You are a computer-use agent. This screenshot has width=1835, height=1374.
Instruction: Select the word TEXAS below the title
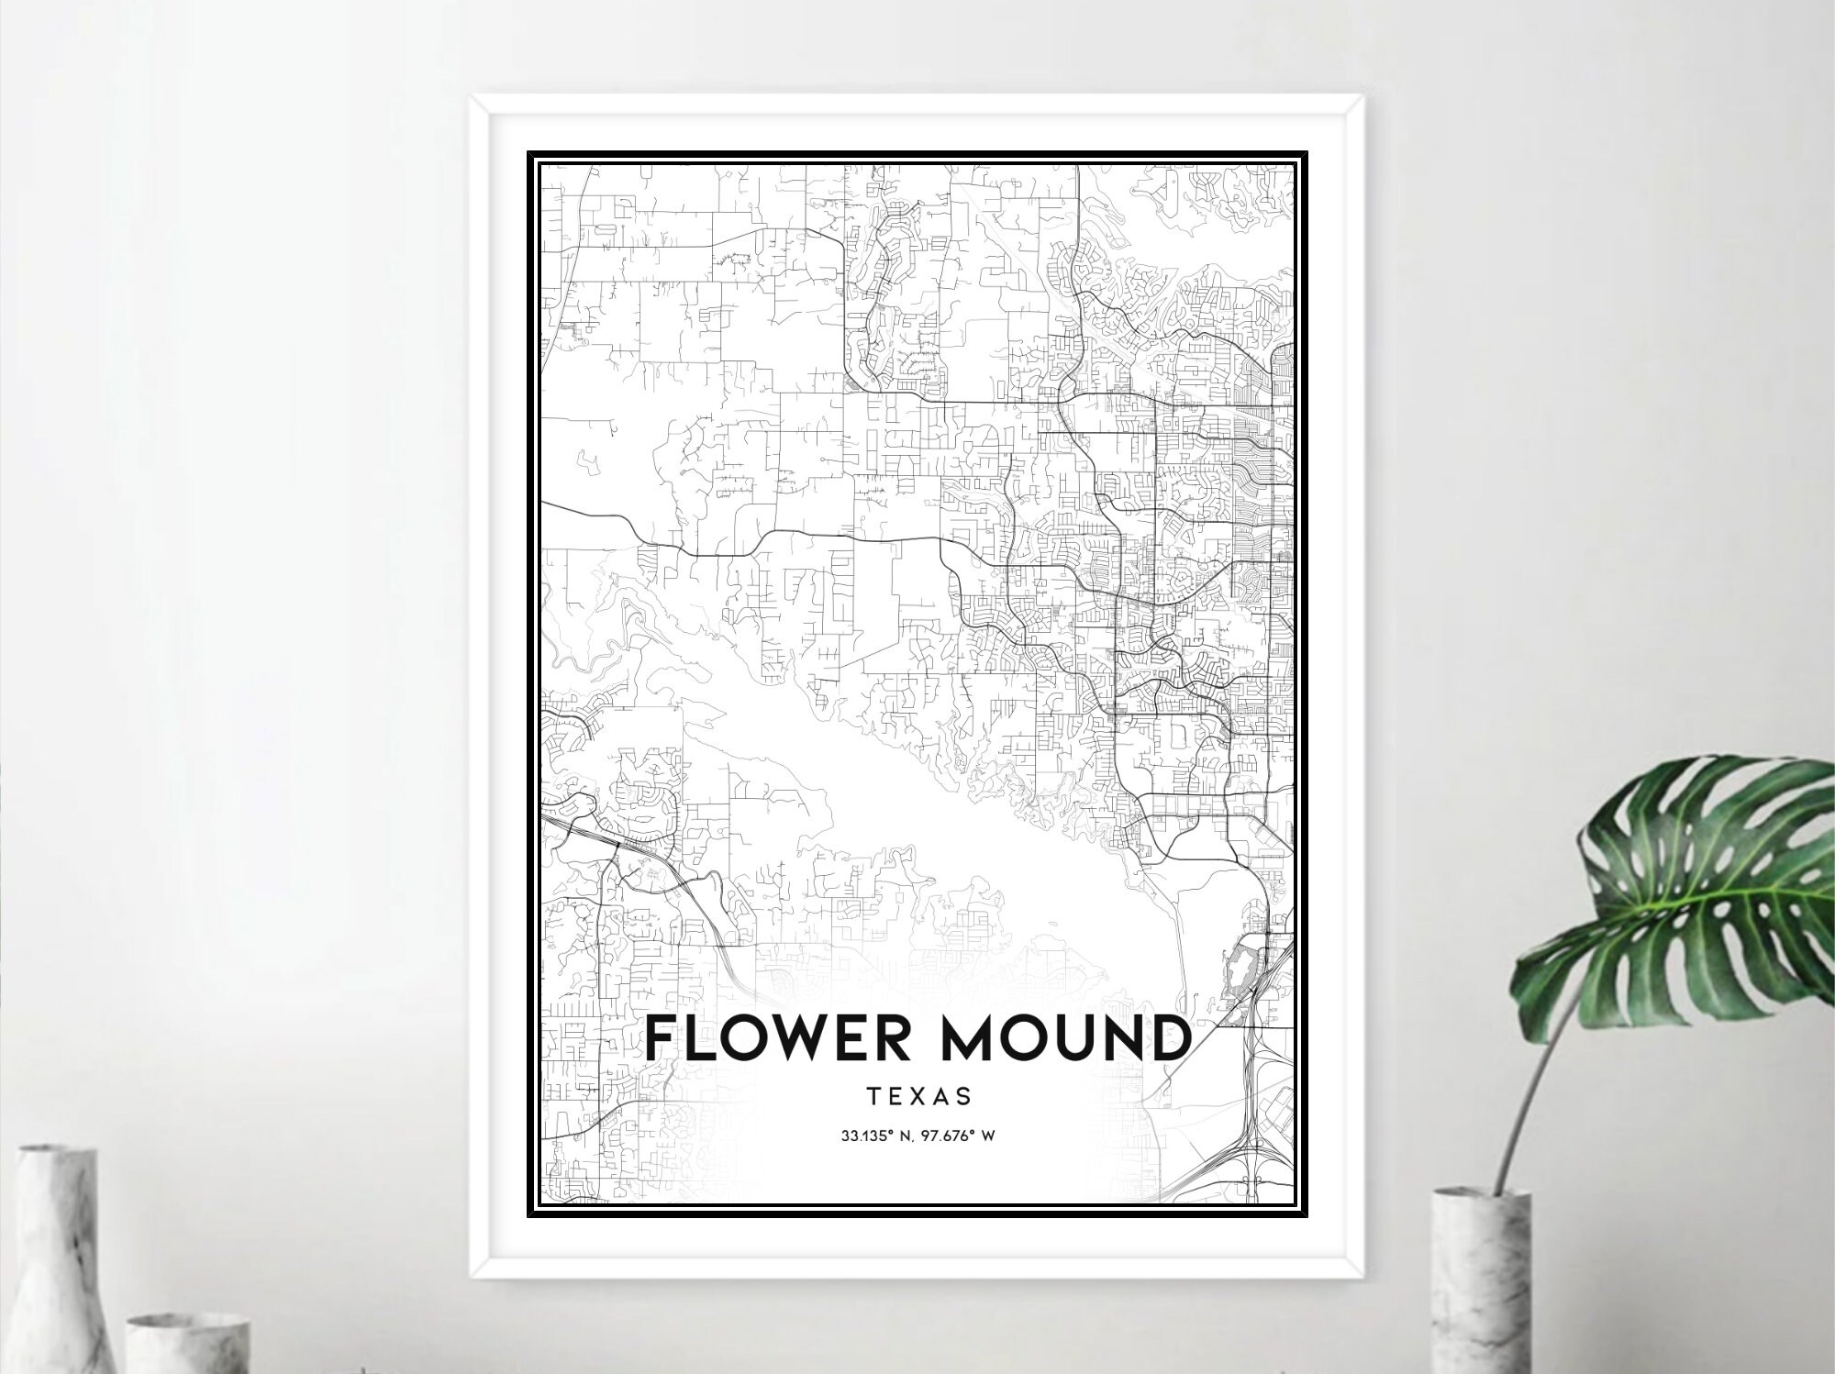click(x=918, y=1096)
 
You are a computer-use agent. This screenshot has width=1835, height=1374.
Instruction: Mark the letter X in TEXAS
click(x=918, y=1096)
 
